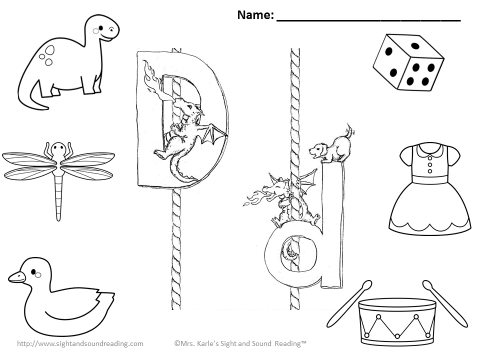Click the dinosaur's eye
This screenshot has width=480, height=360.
(101, 28)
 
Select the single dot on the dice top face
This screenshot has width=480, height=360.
(414, 46)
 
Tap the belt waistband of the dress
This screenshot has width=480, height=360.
(430, 180)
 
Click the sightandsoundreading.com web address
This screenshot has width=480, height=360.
(80, 343)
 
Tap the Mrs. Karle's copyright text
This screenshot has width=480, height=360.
(240, 343)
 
